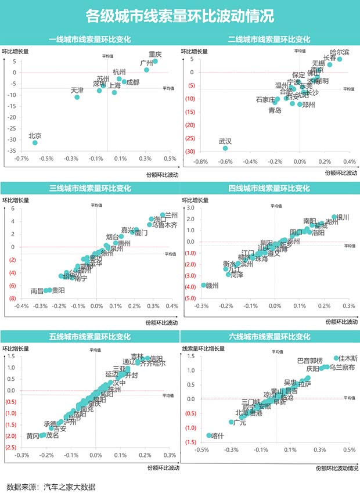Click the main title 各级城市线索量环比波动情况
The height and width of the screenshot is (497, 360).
pos(179,15)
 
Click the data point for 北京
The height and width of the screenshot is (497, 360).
pos(35,142)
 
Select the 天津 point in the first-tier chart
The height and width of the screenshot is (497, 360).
pos(77,97)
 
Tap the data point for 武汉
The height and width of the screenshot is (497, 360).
pos(225,148)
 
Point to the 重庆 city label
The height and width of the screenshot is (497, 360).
pos(155,54)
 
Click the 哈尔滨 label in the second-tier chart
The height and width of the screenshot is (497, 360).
pos(340,53)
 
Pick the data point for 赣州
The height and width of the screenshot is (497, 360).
pos(204,285)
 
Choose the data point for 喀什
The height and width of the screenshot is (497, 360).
pos(209,435)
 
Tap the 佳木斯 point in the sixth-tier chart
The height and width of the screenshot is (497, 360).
pos(336,358)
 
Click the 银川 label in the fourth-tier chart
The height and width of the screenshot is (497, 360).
pos(343,218)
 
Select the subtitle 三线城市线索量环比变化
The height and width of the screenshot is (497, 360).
pos(89,188)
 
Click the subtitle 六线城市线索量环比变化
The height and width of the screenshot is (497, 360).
pos(270,336)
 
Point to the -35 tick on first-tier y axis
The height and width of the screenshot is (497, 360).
pos(12,151)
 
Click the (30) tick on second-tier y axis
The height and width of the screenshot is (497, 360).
pos(190,152)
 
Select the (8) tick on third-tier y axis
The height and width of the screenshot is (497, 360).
pos(12,298)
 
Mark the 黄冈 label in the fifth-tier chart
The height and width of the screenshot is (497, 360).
pos(33,435)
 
